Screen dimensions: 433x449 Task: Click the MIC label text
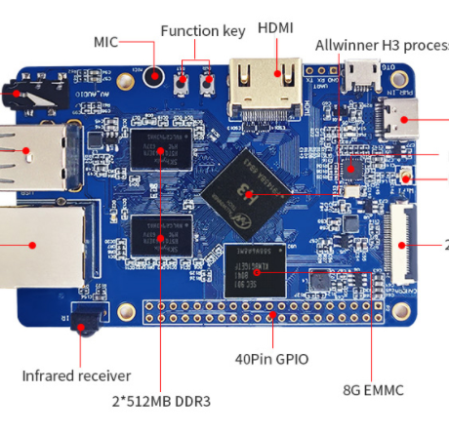[x=105, y=42]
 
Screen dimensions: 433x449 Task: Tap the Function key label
[x=202, y=30]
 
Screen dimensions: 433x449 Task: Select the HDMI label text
[x=275, y=28]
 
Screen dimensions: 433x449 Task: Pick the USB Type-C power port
[x=401, y=126]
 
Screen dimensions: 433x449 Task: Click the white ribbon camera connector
[x=402, y=240]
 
